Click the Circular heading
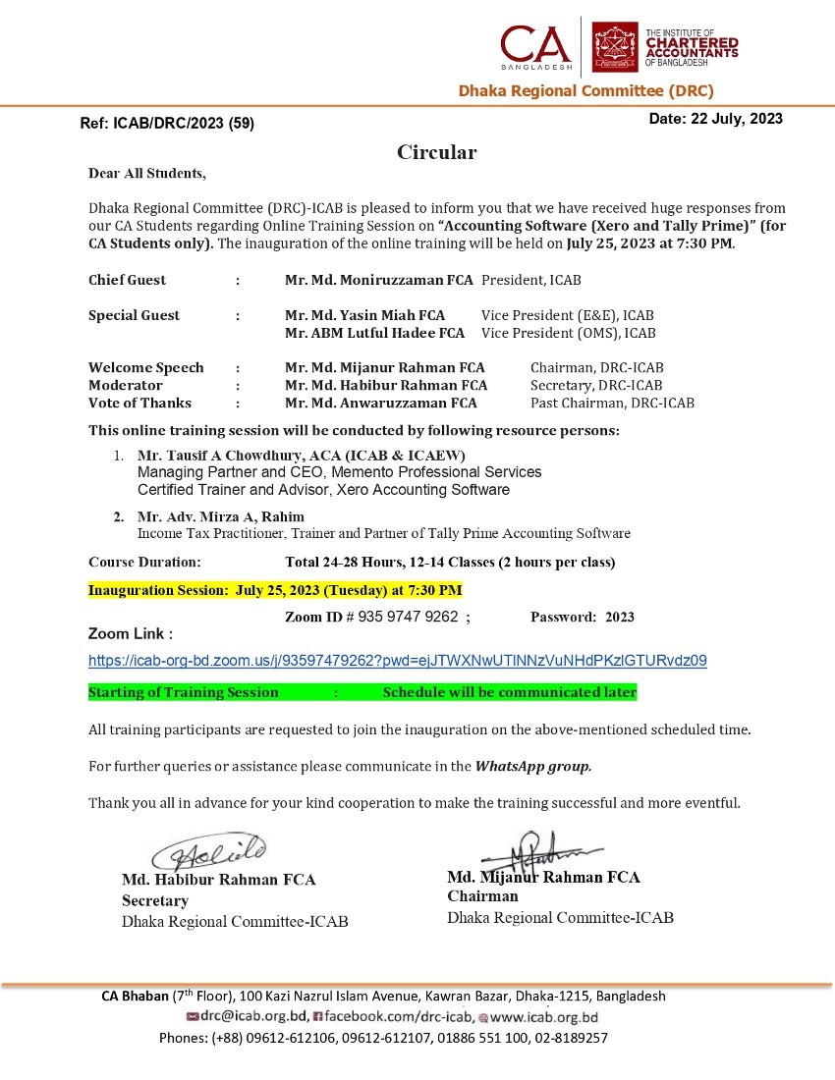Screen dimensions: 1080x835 point(436,152)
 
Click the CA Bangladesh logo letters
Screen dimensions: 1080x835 point(534,45)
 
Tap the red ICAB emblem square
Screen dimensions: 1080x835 point(615,47)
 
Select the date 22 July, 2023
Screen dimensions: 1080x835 point(715,119)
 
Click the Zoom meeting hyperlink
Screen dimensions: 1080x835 point(397,661)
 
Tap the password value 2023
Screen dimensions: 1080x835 point(619,618)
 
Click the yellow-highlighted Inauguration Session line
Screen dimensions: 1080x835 point(275,590)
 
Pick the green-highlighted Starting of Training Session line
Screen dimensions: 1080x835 point(362,692)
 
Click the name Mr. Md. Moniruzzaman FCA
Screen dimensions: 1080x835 point(379,280)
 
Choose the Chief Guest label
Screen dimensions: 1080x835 point(127,280)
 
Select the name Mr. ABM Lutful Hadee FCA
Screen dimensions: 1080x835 point(374,333)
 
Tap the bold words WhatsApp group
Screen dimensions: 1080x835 point(533,766)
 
